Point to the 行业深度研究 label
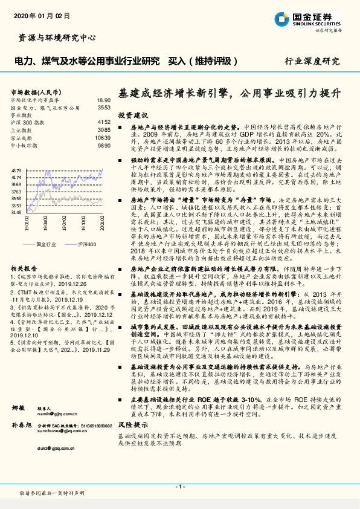pyautogui.click(x=312, y=62)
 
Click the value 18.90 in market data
pyautogui.click(x=103, y=100)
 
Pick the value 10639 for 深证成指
pyautogui.click(x=103, y=138)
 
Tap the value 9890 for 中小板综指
pyautogui.click(x=104, y=146)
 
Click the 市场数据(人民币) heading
pyautogui.click(x=37, y=91)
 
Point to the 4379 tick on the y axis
pyautogui.click(x=16, y=171)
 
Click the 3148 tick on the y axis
pyautogui.click(x=16, y=212)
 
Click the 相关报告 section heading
pyautogui.click(x=25, y=267)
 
